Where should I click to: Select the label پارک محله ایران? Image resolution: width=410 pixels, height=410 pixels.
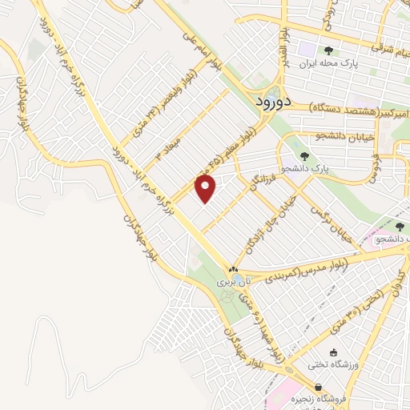(x=329, y=62)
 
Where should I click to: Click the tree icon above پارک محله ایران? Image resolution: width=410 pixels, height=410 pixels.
(x=328, y=50)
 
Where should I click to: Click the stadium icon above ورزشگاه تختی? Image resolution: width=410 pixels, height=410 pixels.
(x=334, y=353)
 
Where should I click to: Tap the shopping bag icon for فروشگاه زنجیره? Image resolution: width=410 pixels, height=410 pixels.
(x=318, y=387)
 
